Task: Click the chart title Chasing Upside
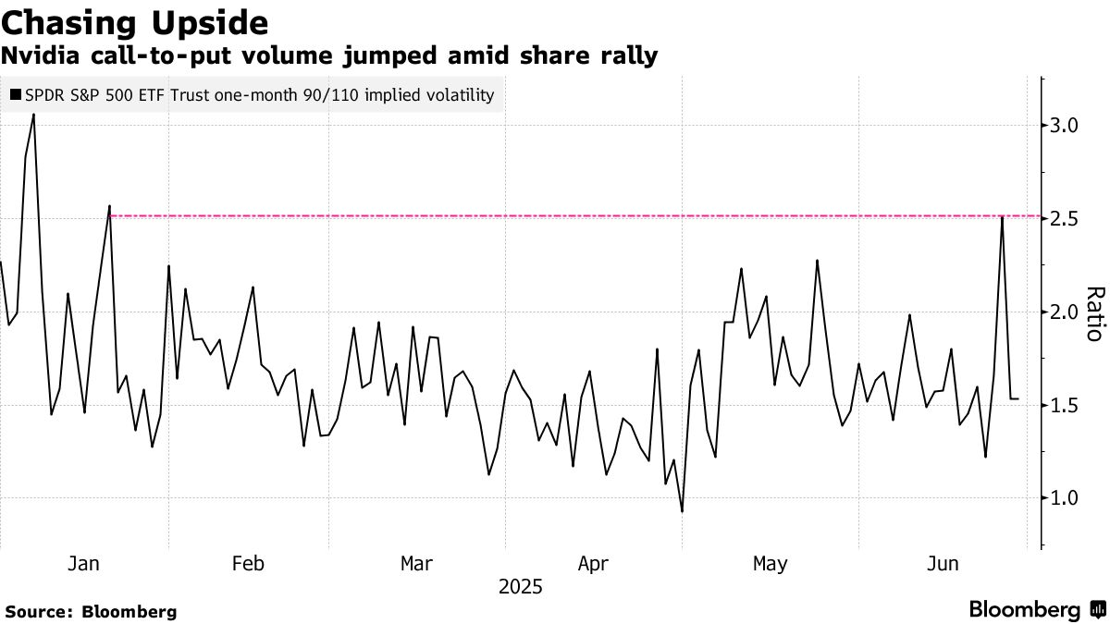pos(135,21)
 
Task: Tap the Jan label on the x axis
pos(83,563)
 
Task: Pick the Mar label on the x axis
pos(417,563)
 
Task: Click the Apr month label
pos(592,563)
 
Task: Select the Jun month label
pos(943,563)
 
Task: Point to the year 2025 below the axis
pos(520,587)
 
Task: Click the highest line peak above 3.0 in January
pos(34,115)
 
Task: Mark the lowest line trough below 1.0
pos(682,511)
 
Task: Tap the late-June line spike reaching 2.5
pos(1003,218)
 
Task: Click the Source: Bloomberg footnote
pos(91,611)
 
